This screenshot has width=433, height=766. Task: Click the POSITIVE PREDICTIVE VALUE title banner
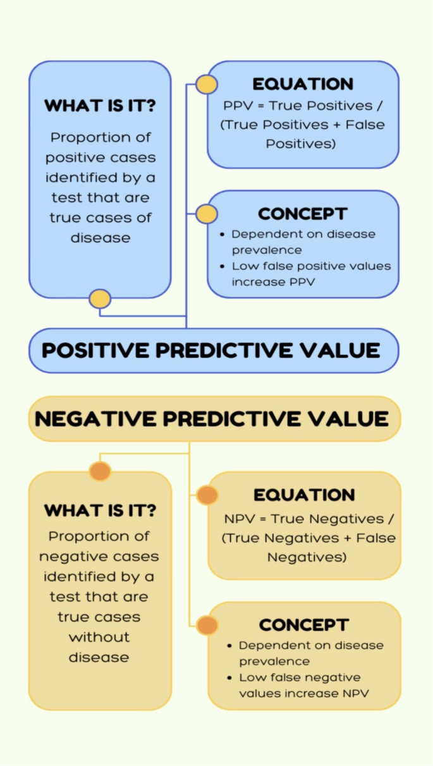214,350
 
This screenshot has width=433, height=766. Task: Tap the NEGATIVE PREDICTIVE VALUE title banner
215,419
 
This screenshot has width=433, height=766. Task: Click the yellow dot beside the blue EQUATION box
207,85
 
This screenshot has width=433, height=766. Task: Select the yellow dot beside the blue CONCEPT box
207,214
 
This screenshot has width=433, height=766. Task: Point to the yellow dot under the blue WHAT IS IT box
100,299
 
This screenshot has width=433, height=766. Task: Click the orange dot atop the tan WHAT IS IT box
100,471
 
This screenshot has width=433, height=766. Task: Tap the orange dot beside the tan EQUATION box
207,495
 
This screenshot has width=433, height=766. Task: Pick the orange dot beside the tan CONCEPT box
207,625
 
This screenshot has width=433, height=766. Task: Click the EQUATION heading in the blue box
303,84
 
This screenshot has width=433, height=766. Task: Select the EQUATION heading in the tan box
304,495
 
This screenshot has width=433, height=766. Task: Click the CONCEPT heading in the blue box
303,214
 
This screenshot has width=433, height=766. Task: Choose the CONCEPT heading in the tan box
304,625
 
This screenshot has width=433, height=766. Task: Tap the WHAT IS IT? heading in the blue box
100,106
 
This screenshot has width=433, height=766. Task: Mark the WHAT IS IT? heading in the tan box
100,510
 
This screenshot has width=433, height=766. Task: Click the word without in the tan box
99,637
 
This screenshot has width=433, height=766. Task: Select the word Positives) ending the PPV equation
301,144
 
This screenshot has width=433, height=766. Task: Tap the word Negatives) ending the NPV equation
307,558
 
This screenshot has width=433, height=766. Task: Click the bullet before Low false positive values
223,266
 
